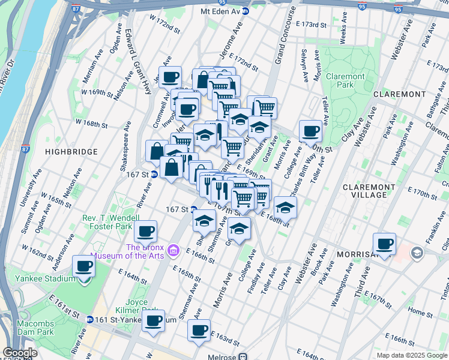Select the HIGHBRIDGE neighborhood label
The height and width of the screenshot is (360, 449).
(67, 153)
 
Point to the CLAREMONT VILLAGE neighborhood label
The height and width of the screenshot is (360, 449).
(372, 191)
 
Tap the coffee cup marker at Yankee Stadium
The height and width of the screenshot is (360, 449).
(83, 266)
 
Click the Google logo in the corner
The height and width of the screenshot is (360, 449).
(20, 353)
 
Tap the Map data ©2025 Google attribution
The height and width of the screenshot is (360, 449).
(411, 355)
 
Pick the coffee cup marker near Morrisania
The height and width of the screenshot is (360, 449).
(384, 244)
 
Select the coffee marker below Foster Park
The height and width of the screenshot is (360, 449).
(145, 231)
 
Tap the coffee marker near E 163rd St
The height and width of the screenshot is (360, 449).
(199, 329)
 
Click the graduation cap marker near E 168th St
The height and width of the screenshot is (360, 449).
(286, 207)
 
